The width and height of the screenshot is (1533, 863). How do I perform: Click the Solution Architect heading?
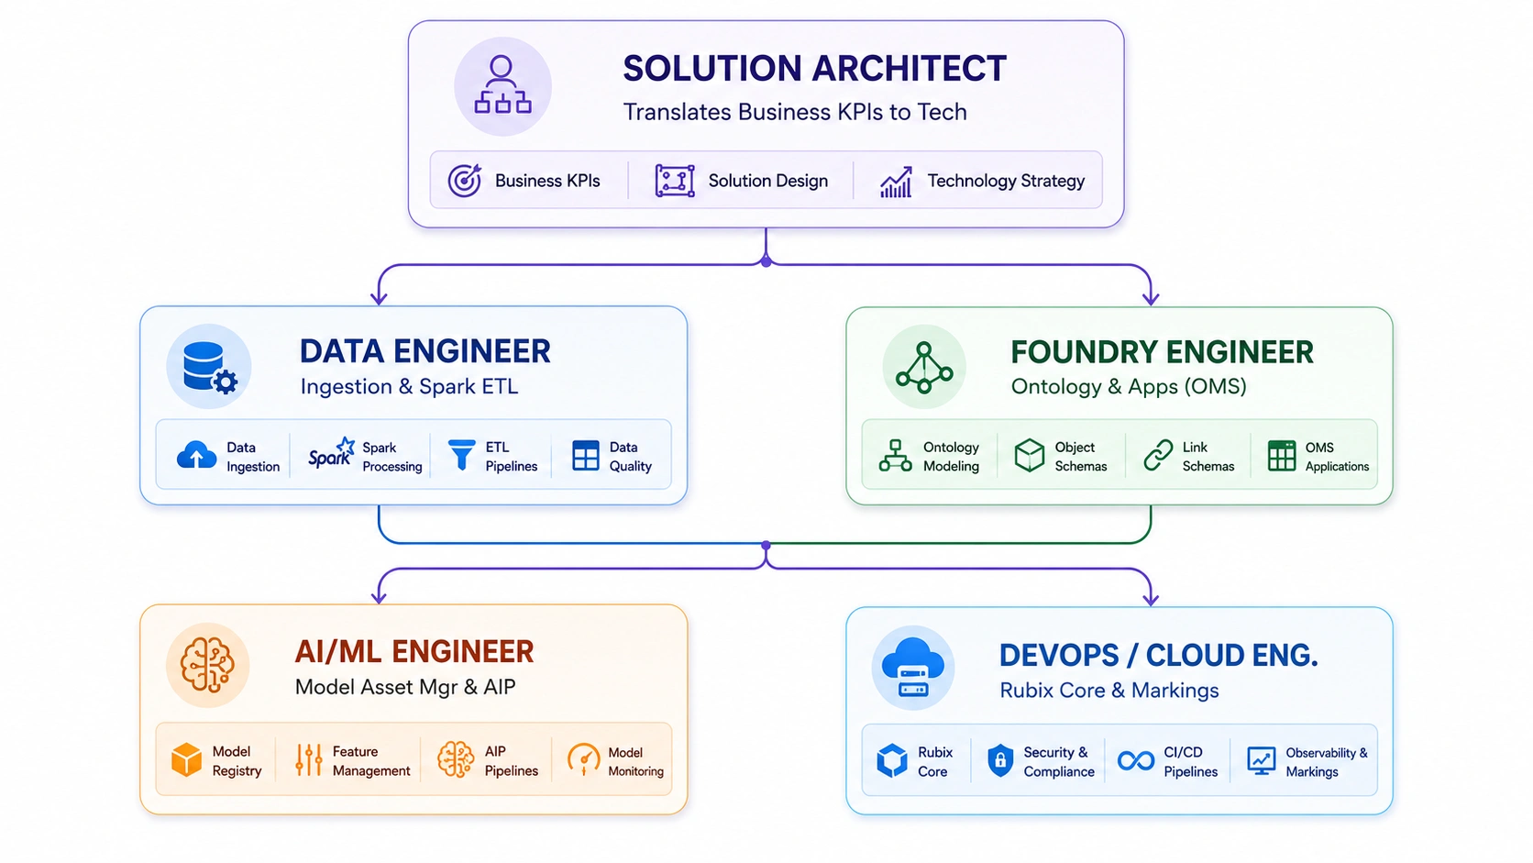coord(814,69)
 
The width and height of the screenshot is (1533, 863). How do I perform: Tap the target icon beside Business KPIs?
coord(465,181)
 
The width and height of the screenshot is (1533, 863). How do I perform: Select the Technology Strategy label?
coord(1006,181)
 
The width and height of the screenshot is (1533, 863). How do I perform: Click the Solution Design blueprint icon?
coord(675,181)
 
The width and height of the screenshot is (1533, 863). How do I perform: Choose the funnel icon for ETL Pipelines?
coord(461,455)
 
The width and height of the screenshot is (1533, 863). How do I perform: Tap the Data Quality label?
coord(630,457)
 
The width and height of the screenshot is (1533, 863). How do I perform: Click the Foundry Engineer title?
coord(1162,352)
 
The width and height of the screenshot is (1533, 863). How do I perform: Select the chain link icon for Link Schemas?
coord(1158,456)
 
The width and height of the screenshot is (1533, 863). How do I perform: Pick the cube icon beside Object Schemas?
coord(1030,456)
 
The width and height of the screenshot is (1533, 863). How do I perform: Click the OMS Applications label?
coord(1337,457)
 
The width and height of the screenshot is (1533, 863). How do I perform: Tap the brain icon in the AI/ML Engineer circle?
coord(207,665)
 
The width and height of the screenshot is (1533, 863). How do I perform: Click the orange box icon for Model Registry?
coord(186,760)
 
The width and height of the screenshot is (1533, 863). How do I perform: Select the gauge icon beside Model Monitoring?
coord(583,759)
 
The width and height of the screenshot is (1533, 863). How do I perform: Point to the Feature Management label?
coord(371,761)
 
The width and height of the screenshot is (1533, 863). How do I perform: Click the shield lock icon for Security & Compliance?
coord(1000,760)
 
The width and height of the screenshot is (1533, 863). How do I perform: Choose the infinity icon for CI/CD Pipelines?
coord(1135,760)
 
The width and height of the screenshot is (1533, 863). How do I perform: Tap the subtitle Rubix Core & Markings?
coord(1108,690)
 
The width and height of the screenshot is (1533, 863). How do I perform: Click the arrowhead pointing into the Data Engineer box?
coord(380,298)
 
